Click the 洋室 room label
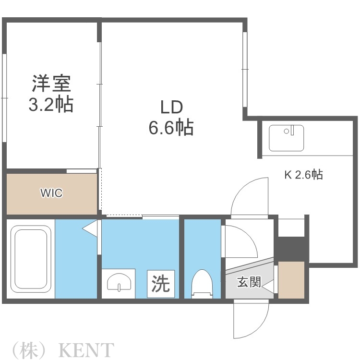51,84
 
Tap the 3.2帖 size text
51,104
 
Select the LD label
171,107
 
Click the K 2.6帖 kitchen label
304,175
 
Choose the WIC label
51,193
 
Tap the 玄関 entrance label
249,282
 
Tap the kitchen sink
286,138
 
